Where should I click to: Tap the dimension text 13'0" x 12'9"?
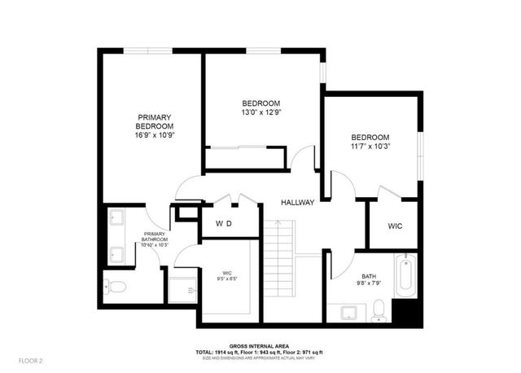[x=261, y=113]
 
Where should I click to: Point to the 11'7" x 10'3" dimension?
[x=370, y=147]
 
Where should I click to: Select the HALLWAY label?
[x=297, y=202]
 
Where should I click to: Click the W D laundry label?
[x=224, y=223]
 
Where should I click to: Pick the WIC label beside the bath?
[x=395, y=226]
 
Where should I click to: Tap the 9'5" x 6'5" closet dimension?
[x=227, y=278]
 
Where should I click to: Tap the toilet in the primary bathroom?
[x=114, y=287]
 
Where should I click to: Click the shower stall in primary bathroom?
[x=182, y=287]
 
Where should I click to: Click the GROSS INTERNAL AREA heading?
[x=260, y=344]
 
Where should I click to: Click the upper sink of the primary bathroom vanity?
[x=116, y=218]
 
